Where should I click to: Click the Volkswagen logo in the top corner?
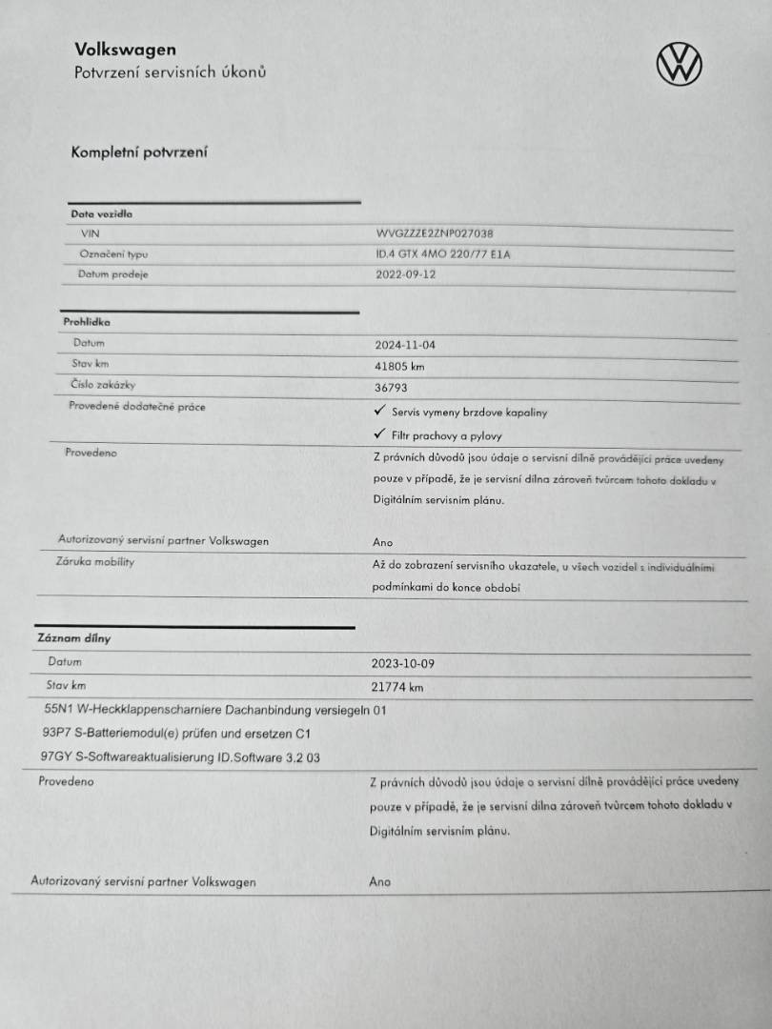(679, 64)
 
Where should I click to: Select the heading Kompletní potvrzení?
(139, 151)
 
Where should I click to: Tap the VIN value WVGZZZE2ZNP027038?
(435, 233)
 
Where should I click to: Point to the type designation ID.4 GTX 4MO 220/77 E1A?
(443, 254)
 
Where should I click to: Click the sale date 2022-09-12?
(408, 274)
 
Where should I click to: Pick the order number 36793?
(393, 388)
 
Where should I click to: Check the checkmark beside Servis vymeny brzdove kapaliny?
(379, 411)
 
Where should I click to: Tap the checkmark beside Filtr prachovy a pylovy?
(378, 434)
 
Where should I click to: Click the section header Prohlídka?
(87, 322)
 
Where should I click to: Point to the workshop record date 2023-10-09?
(402, 663)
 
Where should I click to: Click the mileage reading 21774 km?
(396, 686)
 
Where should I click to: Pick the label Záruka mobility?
(95, 562)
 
